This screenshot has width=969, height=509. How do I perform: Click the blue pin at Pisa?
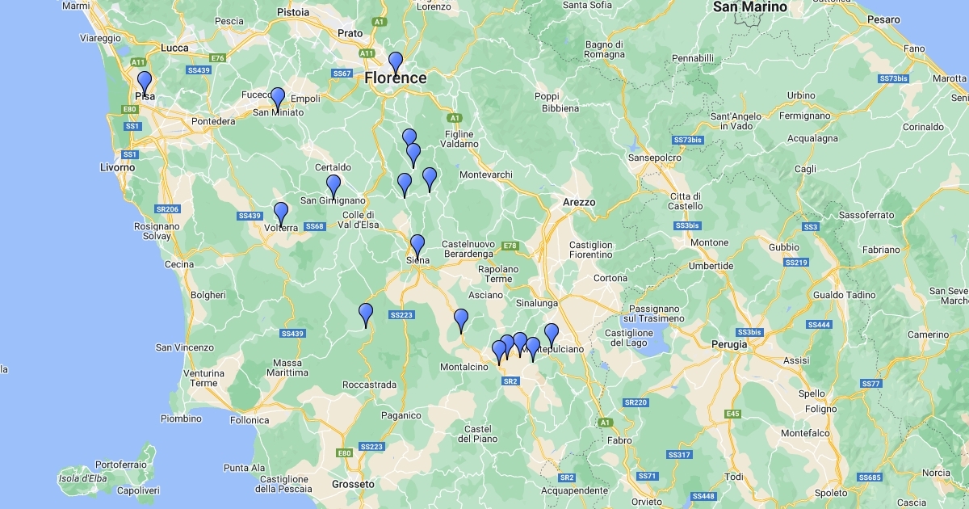[145, 82]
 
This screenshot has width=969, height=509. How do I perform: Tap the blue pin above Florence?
[396, 62]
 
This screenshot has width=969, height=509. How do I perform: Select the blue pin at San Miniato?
[278, 99]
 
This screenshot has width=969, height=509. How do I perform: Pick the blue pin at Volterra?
[281, 213]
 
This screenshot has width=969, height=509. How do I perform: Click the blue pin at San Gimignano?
[333, 186]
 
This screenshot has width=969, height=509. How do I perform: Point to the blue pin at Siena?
[417, 246]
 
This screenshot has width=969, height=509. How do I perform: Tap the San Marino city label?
[750, 7]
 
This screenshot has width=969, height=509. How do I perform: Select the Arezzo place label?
[579, 202]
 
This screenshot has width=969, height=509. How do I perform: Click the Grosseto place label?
[353, 484]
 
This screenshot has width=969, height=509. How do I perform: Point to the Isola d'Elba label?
[82, 478]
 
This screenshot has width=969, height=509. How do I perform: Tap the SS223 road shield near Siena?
[401, 314]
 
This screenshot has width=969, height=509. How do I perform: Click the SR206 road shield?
[167, 209]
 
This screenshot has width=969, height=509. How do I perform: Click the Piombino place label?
[181, 419]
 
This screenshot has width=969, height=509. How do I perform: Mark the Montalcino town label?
[464, 367]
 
